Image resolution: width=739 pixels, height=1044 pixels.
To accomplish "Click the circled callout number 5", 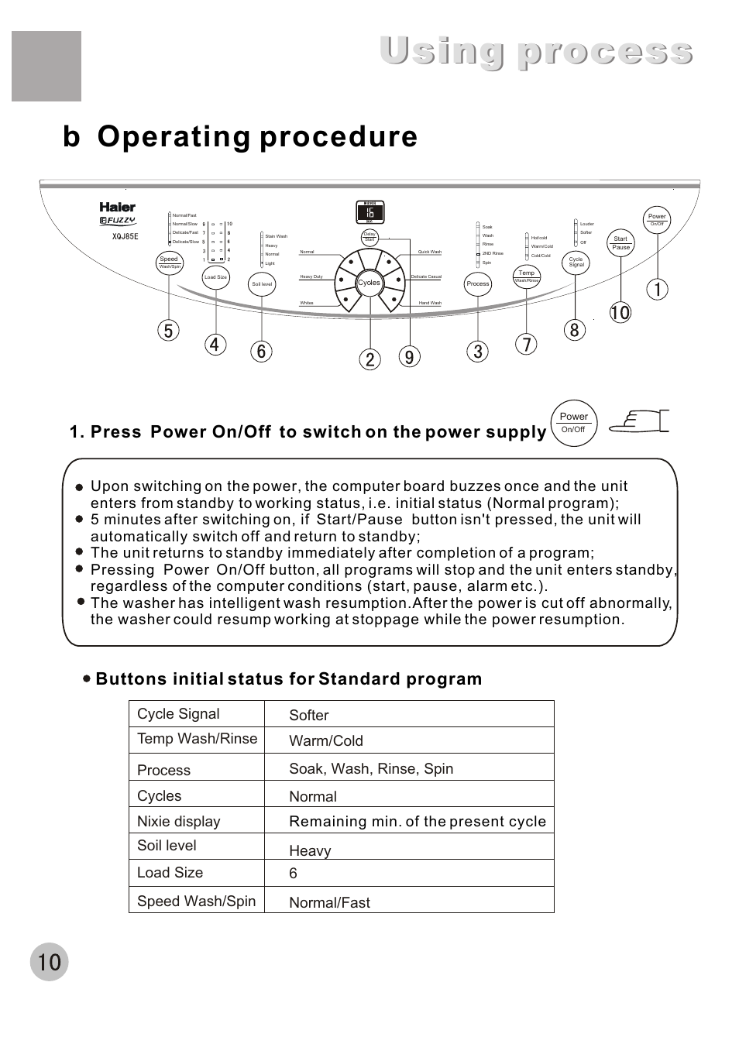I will [x=168, y=331].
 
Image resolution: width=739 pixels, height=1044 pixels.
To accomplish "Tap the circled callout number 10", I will [x=620, y=313].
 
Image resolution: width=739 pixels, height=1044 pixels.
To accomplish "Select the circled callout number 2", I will [x=370, y=359].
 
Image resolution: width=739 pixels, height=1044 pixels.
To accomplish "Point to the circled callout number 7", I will [x=526, y=345].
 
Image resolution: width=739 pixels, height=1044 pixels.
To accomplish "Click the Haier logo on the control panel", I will [x=117, y=207].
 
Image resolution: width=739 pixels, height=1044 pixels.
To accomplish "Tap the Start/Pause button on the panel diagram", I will [x=620, y=243].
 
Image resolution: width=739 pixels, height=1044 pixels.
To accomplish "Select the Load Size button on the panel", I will [x=215, y=277].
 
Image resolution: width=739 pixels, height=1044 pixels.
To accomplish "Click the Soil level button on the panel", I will [x=262, y=284].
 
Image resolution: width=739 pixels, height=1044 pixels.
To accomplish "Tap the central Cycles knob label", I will [x=369, y=283].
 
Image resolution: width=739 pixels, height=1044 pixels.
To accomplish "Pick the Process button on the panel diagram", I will [x=478, y=284].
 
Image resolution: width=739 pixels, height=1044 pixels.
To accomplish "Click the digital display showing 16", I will [x=370, y=212].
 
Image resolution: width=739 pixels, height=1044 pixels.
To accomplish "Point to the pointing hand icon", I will [x=638, y=421].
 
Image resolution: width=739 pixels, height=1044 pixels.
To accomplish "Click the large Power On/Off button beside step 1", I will [x=573, y=423].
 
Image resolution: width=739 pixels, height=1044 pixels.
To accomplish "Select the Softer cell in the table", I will [x=309, y=716].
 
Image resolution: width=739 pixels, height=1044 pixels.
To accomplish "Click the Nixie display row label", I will [x=179, y=821].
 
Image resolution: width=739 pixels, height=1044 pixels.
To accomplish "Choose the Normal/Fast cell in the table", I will [x=330, y=902].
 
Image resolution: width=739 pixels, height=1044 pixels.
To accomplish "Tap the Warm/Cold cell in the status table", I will [x=326, y=741].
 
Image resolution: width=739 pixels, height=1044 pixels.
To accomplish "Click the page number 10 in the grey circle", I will [x=49, y=962].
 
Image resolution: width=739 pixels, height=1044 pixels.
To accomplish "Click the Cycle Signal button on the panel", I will [x=576, y=263].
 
